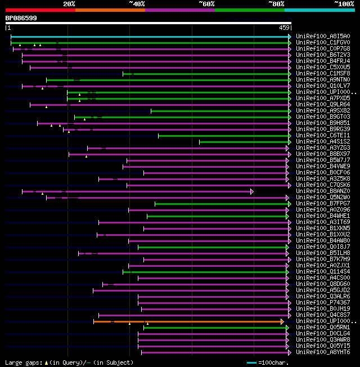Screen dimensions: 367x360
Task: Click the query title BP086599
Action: pyautogui.click(x=21, y=18)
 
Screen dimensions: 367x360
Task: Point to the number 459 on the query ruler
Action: pyautogui.click(x=283, y=28)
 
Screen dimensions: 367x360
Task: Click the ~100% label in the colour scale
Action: pyautogui.click(x=343, y=4)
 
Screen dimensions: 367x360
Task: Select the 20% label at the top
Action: pyautogui.click(x=69, y=4)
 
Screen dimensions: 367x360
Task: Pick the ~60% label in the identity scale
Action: pyautogui.click(x=206, y=4)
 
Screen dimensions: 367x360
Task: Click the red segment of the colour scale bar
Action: pyautogui.click(x=40, y=10)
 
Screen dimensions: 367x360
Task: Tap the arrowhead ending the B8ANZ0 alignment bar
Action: pyautogui.click(x=252, y=191)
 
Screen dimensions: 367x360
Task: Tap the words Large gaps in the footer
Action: pyautogui.click(x=21, y=363)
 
